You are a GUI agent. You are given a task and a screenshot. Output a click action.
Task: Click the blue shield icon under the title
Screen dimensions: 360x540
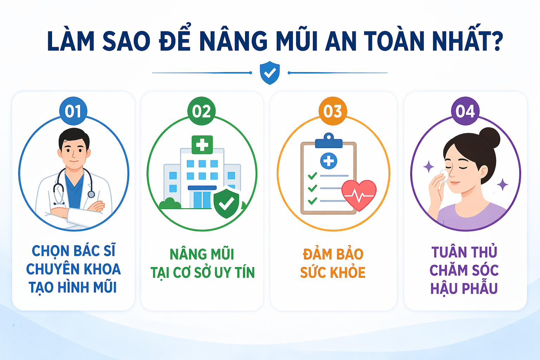coord(270,73)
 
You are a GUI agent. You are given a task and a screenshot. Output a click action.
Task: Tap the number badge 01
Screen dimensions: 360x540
coord(73,111)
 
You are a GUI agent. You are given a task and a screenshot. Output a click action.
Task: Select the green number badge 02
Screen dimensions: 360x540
coord(201,111)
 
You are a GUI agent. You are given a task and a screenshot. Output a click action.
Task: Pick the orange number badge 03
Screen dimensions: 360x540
coord(333,111)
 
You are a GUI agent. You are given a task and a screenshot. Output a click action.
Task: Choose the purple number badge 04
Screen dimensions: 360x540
coord(465,111)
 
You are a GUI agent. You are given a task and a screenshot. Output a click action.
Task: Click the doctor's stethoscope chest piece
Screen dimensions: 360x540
coord(91,194)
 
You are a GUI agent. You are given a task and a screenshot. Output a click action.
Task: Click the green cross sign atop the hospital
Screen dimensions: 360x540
coord(202,144)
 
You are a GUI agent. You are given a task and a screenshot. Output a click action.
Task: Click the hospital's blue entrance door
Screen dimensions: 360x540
coord(202,199)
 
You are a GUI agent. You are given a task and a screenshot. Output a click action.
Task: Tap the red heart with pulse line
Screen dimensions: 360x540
coord(359,194)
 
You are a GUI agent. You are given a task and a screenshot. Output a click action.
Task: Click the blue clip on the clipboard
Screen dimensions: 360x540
coord(329,141)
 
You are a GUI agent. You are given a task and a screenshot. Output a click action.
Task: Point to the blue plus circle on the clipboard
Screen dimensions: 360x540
coord(329,161)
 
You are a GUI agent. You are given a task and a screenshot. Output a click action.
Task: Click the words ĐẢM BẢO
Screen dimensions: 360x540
coord(333,254)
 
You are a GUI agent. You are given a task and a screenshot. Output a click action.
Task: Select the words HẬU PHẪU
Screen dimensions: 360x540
coord(464,289)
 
